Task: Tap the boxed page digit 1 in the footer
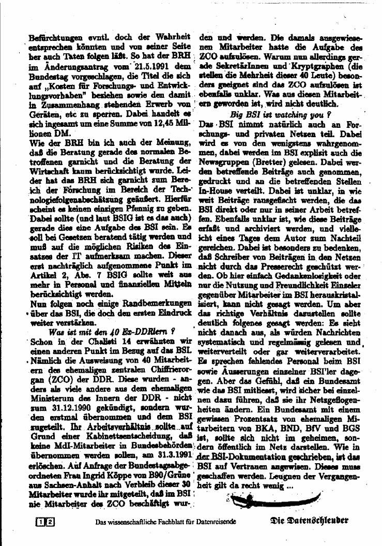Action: pos(40,522)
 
